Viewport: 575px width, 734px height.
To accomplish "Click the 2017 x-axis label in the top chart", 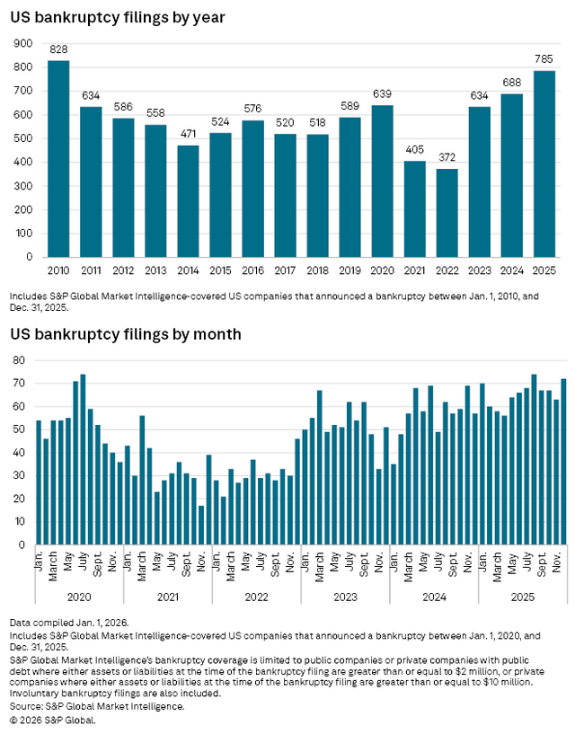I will pos(285,270).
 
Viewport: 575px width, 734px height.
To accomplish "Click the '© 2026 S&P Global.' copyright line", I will pos(53,719).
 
